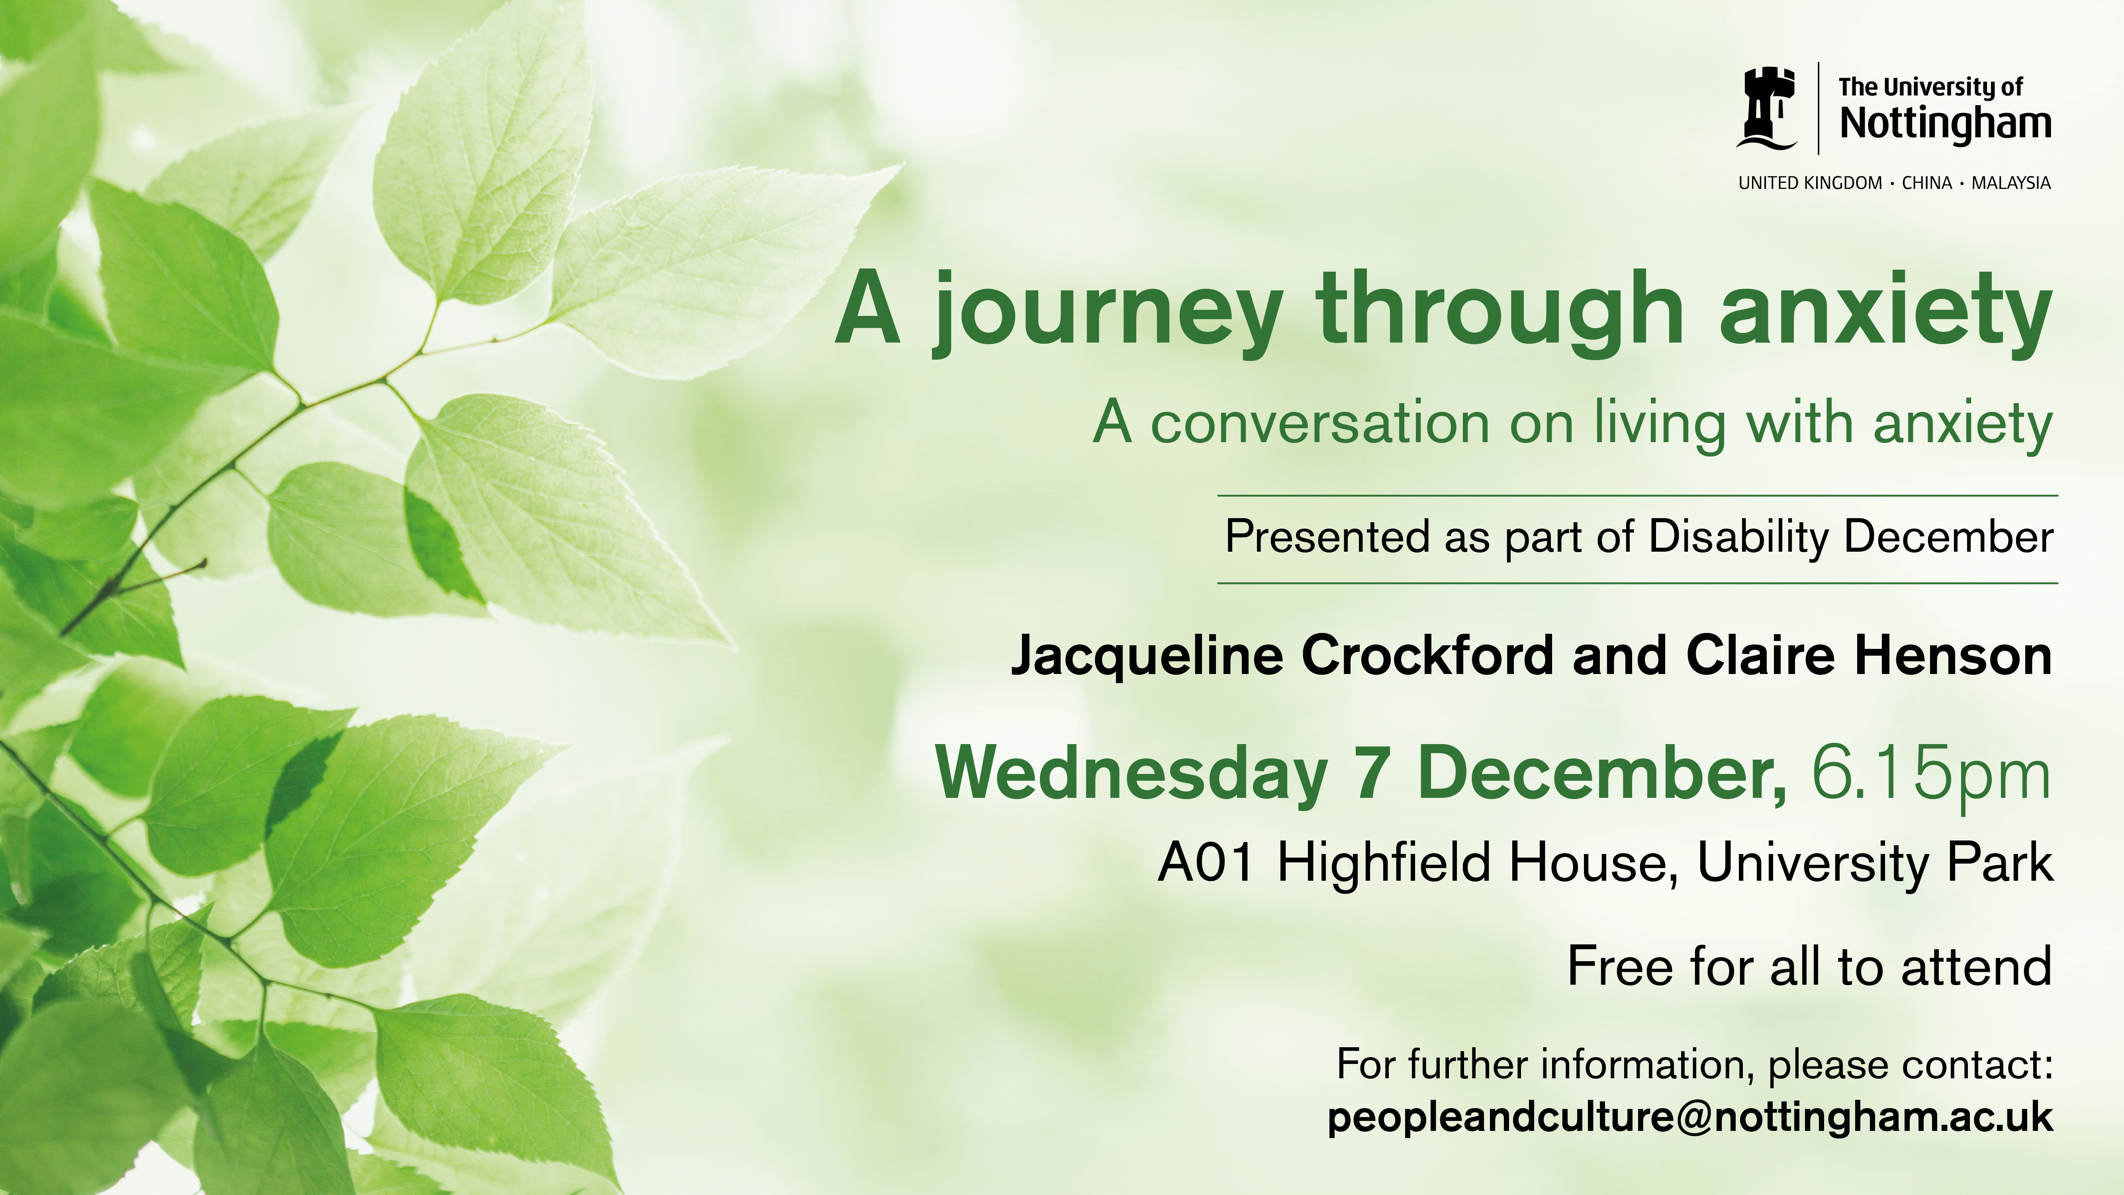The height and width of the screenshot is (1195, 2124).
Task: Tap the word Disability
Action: pyautogui.click(x=1738, y=537)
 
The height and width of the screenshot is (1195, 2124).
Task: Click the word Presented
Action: pyautogui.click(x=1327, y=537)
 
